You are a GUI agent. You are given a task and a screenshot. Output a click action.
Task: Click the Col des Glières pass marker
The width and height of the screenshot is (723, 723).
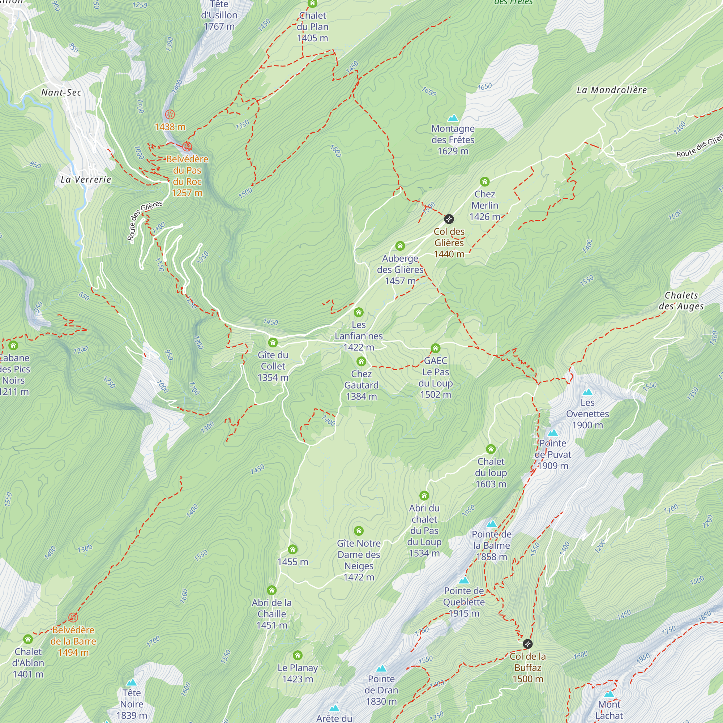pos(449,219)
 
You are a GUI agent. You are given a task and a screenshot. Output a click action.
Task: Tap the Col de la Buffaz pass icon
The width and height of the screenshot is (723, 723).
pos(527,644)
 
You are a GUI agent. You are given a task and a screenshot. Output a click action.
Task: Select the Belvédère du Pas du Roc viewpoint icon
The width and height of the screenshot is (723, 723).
pos(187,146)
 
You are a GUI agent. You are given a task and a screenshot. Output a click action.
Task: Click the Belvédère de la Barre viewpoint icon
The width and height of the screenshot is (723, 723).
pos(73,617)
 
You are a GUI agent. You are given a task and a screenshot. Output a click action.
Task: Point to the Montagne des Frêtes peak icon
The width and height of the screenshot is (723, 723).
pos(453,118)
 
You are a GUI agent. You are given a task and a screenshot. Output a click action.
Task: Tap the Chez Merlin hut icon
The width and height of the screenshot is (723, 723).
pos(485,182)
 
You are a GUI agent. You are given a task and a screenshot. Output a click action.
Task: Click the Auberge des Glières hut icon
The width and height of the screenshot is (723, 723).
pos(400,246)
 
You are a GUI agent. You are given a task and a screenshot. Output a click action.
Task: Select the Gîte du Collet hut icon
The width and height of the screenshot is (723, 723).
pos(273,342)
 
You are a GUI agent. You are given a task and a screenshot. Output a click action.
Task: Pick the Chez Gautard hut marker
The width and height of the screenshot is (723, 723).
pos(361,361)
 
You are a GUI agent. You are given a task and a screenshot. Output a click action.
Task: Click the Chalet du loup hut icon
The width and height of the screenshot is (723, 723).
pos(491,449)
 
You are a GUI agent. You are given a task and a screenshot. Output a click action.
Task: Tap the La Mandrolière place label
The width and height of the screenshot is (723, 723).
pos(612,90)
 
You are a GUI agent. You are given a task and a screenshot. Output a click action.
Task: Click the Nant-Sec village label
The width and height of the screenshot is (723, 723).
pos(61,93)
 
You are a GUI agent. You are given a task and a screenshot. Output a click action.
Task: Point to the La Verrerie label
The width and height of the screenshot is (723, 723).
pos(86,179)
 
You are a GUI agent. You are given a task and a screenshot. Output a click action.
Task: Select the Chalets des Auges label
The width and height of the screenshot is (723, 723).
pos(681,300)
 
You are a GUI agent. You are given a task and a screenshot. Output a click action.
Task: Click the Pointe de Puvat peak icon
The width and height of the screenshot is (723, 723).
pos(553,433)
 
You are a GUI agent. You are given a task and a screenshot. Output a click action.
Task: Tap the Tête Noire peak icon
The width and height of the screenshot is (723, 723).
pos(131,682)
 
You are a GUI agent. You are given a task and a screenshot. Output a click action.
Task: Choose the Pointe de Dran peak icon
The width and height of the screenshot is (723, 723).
pos(381,668)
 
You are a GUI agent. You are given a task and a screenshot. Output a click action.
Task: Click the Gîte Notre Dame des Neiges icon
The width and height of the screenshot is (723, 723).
pos(359,531)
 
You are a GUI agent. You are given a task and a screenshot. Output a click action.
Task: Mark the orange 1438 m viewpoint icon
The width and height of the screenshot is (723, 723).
pos(170,114)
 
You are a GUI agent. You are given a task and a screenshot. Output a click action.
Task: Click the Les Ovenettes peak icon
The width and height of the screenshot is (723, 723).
pos(587,392)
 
